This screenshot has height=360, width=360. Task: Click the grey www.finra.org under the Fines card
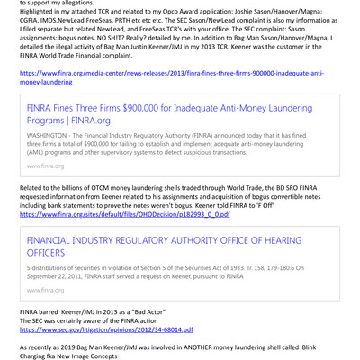[45, 166]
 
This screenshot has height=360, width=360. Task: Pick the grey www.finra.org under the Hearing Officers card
[45, 290]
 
